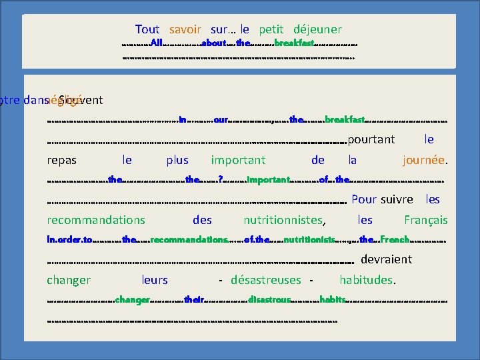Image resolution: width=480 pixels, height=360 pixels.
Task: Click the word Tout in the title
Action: [x=147, y=29]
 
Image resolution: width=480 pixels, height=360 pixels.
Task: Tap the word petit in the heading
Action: [x=271, y=29]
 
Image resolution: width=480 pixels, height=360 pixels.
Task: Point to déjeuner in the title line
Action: [x=317, y=29]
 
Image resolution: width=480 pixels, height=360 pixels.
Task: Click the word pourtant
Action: [x=371, y=139]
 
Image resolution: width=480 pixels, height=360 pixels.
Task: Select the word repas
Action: [x=62, y=160]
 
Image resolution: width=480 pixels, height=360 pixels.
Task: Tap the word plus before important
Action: [x=177, y=160]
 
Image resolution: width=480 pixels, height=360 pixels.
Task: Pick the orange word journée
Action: [x=424, y=160]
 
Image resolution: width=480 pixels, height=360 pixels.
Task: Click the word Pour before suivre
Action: [x=364, y=199]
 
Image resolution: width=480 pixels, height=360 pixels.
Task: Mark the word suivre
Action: [x=397, y=199]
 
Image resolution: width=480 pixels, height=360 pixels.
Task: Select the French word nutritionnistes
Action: [x=284, y=219]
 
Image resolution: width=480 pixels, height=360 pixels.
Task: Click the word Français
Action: [x=426, y=219]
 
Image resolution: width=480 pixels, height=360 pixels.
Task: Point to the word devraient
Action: [x=387, y=259]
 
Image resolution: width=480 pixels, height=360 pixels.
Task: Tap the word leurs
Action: [x=155, y=280]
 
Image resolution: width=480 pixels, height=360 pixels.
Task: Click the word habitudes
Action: [x=368, y=280]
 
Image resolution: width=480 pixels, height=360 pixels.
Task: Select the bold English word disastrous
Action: [x=269, y=301]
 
